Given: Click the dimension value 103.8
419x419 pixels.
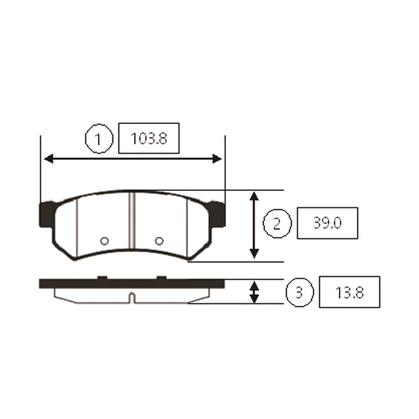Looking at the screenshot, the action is tap(149, 139).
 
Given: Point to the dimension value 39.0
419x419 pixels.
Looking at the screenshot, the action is tap(327, 223).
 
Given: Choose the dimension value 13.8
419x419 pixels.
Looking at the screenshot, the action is tap(349, 292).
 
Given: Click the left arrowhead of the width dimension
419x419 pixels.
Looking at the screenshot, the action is tap(49, 159).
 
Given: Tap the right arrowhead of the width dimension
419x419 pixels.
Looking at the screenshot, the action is tap(217, 159).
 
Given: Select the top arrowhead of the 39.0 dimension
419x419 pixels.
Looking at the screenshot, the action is tap(254, 196).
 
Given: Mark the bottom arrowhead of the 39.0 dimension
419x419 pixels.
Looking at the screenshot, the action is tap(254, 253).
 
